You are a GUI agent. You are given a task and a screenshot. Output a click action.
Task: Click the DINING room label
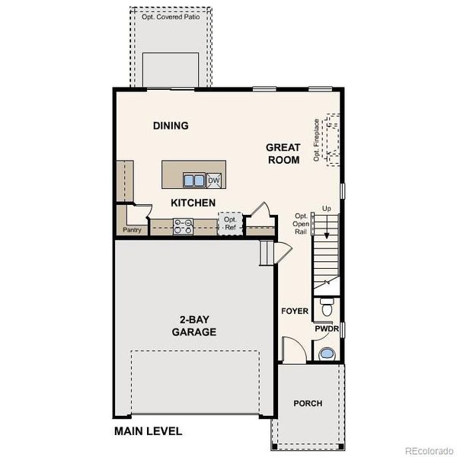point(170,126)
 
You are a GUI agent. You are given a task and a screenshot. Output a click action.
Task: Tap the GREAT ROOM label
point(283,153)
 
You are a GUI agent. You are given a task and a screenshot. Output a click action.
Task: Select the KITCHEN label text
point(193,203)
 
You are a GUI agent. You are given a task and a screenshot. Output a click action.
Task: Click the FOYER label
point(294,312)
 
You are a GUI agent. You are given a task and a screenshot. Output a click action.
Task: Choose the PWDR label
point(325,329)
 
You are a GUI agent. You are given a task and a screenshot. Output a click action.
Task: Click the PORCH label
point(308,403)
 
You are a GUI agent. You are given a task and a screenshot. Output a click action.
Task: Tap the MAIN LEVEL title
point(149,431)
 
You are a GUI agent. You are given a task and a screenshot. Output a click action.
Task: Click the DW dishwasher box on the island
point(215,181)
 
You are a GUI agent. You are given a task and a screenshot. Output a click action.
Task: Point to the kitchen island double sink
point(194,181)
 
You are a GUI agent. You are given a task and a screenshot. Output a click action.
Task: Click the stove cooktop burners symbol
point(183,225)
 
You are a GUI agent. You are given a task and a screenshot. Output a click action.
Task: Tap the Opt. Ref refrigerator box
point(229,223)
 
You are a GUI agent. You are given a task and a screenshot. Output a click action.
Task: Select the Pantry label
point(133,229)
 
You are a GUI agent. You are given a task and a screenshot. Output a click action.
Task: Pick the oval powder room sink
point(326,353)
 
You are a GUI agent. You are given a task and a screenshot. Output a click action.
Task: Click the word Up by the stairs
point(326,208)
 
